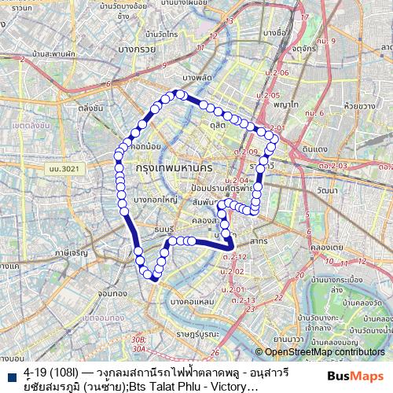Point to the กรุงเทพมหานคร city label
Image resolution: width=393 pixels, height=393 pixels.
[174, 168]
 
